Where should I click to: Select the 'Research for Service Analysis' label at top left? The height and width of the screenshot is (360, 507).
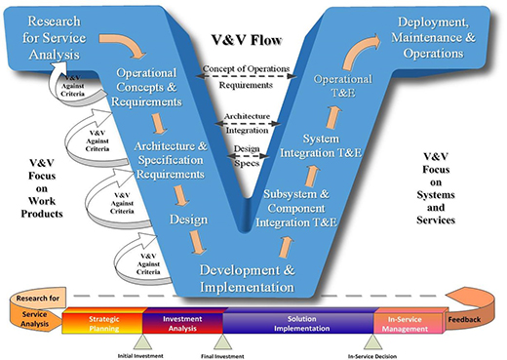57,37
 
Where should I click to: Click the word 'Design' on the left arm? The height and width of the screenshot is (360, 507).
187,219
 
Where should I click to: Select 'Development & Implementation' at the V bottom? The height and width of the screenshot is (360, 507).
248,278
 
